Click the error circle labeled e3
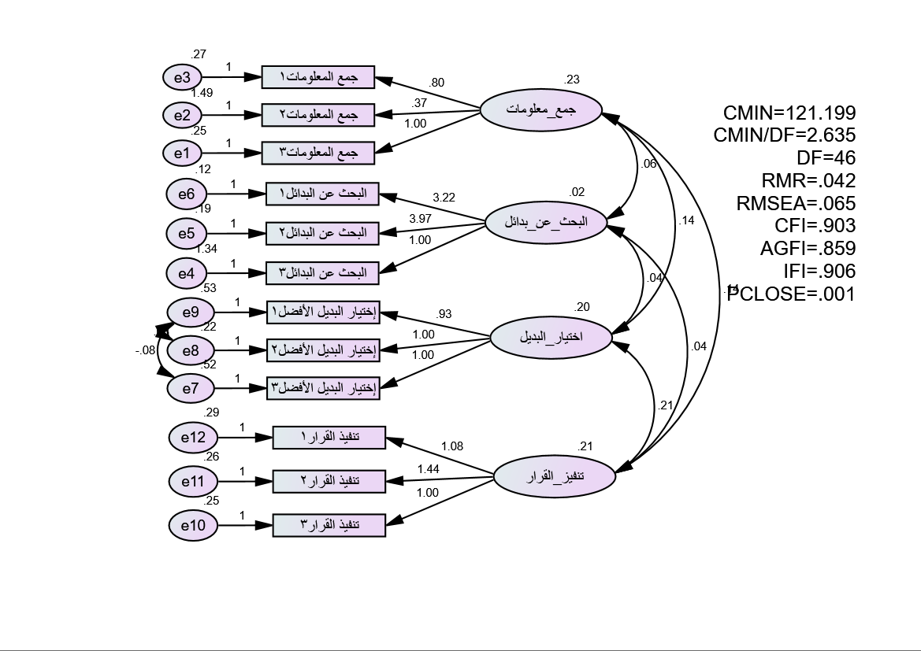pos(182,77)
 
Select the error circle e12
pos(193,438)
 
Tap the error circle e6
pos(187,194)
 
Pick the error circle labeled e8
pos(191,350)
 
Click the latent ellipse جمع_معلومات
pos(540,110)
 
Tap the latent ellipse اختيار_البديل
pos(551,338)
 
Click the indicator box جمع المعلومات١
pos(318,78)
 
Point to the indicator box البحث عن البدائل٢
pos(322,233)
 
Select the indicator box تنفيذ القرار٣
pos(329,524)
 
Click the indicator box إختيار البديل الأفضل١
pos(323,313)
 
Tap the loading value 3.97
pos(420,218)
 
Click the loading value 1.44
pos(429,469)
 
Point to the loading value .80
pos(436,83)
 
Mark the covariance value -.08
pos(144,350)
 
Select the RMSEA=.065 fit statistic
pos(796,203)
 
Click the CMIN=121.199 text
pos(789,113)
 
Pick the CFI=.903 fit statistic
pos(815,226)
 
